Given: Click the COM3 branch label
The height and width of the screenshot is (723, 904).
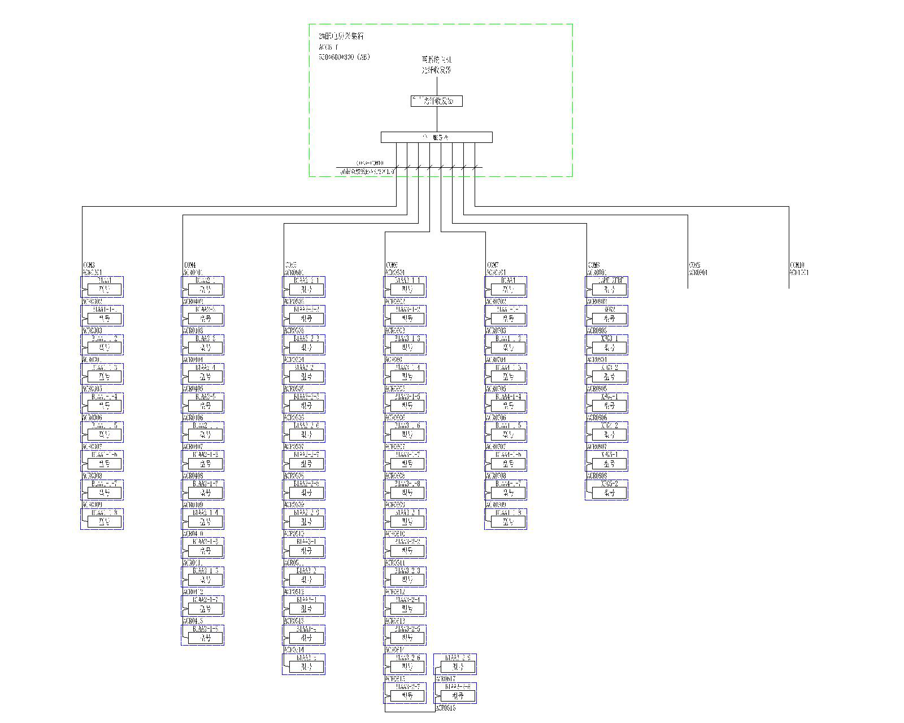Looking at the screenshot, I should coord(89,265).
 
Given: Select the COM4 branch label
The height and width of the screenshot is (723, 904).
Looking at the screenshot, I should coord(190,265).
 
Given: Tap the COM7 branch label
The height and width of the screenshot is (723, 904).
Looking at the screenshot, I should coord(493,265).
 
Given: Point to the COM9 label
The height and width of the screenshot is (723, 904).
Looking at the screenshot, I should coord(694,265).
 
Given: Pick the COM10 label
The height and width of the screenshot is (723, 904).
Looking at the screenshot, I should coord(797,265).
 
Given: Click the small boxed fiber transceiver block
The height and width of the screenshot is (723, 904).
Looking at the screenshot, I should coord(436,101).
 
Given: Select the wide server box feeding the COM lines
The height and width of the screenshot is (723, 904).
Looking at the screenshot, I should coord(436,137).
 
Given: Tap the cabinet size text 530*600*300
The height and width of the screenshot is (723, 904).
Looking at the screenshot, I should coord(344,58).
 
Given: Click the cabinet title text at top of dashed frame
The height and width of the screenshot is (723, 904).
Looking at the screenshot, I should coord(341,36).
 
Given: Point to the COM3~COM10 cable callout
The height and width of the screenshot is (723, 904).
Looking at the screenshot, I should coord(370,163).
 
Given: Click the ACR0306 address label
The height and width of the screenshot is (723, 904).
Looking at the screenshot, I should coord(93,418).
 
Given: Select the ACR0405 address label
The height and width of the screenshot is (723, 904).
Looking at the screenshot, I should coord(193,389).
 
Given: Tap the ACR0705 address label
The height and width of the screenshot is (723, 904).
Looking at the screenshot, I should coord(496,389).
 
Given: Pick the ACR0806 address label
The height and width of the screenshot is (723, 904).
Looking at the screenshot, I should coord(597,418).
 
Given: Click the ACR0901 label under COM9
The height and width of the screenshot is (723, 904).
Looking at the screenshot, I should coord(698,273).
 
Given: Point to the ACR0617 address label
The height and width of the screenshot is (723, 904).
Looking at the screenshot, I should coord(445,679).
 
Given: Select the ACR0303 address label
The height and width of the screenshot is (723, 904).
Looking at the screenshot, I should coord(93,330).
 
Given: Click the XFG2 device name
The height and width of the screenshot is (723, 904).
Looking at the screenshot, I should coord(610,310).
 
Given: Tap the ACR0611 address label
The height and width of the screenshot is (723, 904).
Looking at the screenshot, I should coord(395,563).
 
